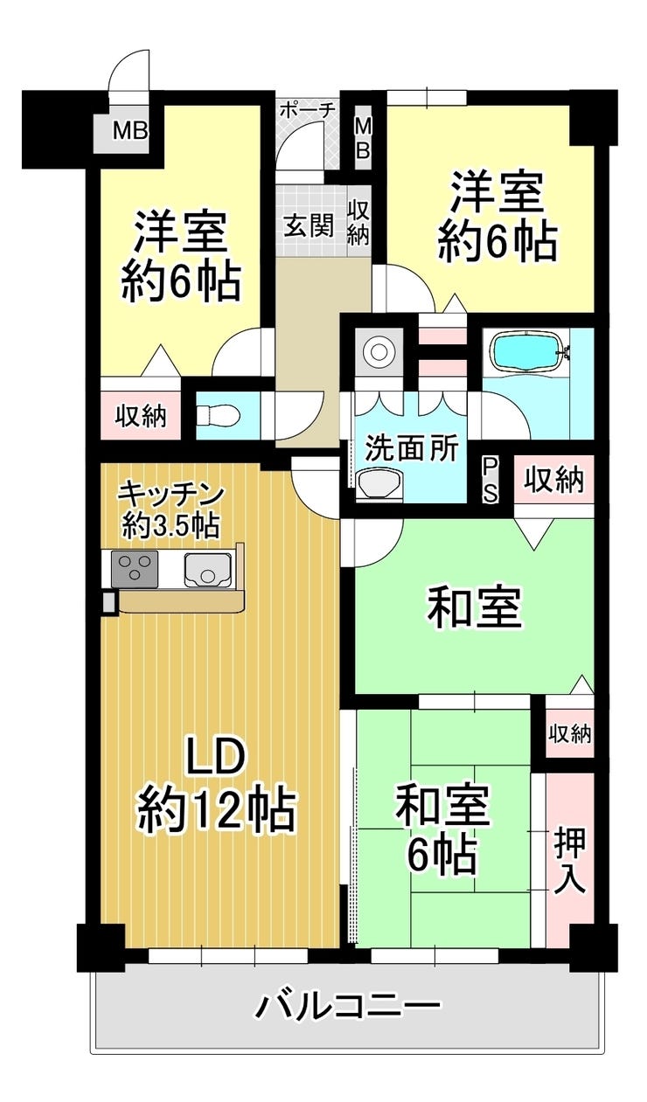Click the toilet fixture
[218, 415]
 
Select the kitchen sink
[208, 569]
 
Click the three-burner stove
[135, 569]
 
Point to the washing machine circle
[378, 352]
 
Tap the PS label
[490, 479]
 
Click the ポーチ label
[308, 110]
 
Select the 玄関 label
[310, 225]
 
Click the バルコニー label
[347, 1003]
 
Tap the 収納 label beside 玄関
[358, 223]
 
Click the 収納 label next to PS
[553, 480]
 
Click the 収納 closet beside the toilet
[141, 415]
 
